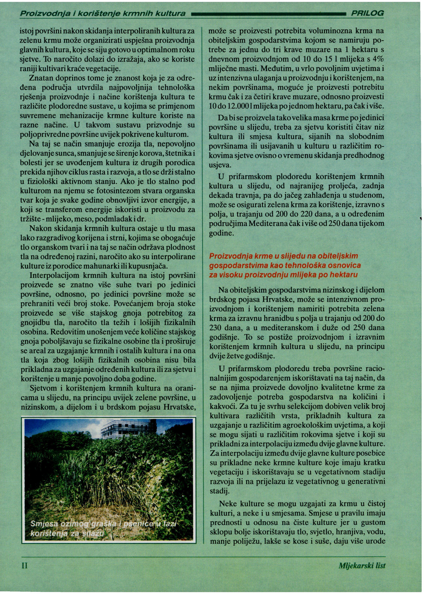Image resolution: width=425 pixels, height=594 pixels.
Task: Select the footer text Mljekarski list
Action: pos(362,565)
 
